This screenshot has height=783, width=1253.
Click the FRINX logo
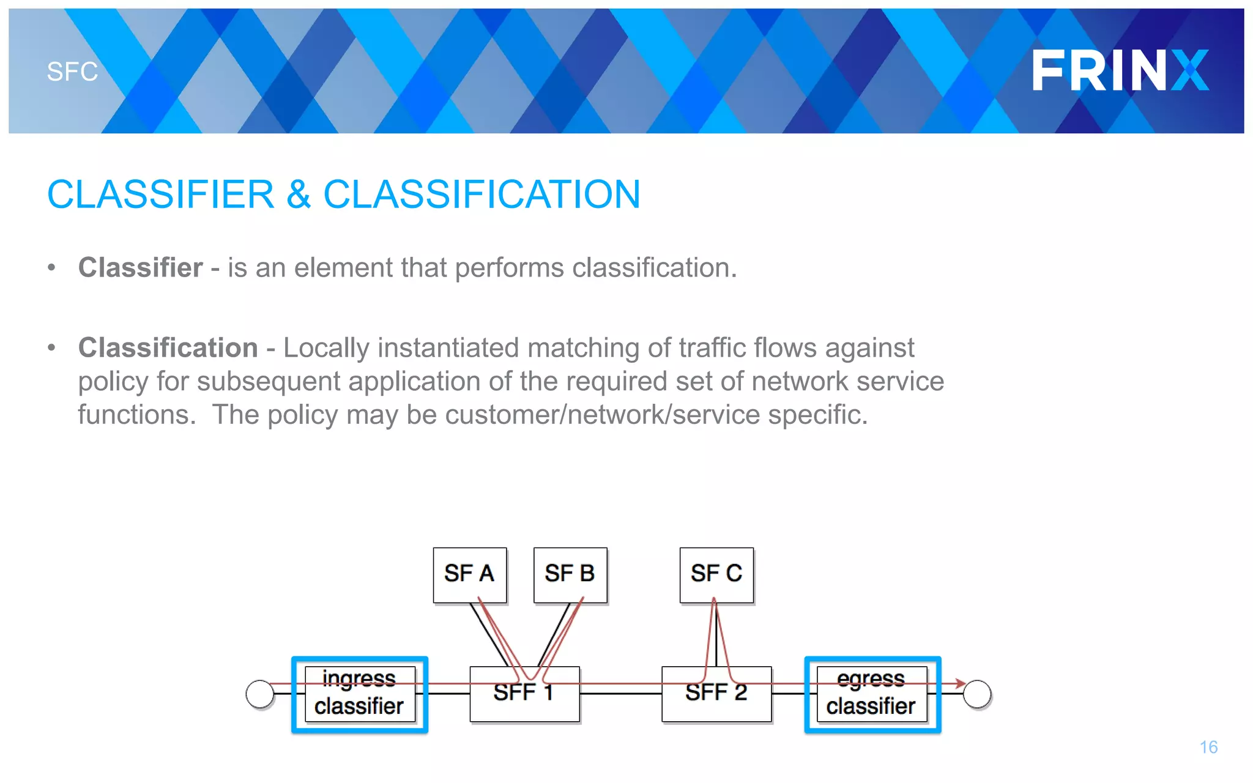point(1120,70)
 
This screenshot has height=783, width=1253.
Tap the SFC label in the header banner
point(72,72)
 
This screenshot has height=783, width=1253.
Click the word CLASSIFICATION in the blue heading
point(481,195)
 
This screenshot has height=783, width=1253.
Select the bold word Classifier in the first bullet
point(140,267)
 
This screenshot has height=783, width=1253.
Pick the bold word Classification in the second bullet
point(168,347)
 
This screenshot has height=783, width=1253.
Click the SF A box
point(469,574)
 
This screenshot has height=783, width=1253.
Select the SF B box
point(570,574)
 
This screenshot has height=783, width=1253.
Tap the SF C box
point(716,574)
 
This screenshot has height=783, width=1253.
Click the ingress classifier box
point(359,694)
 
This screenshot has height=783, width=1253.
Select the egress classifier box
point(871,694)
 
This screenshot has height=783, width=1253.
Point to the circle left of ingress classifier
point(260,694)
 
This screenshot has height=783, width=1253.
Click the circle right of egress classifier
point(976,694)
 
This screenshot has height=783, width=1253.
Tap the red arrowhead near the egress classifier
point(961,683)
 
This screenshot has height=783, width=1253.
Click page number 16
point(1208,747)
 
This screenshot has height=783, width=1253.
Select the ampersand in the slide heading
point(298,195)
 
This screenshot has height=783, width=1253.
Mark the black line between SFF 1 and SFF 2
point(620,694)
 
